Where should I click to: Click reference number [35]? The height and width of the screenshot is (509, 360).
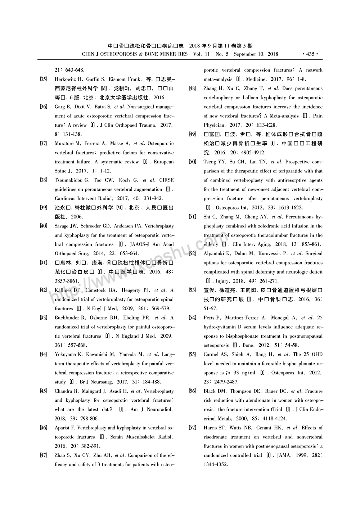(x=44, y=79)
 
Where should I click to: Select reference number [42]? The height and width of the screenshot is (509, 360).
(x=44, y=290)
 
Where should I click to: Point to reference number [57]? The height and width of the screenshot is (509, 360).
(x=193, y=428)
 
